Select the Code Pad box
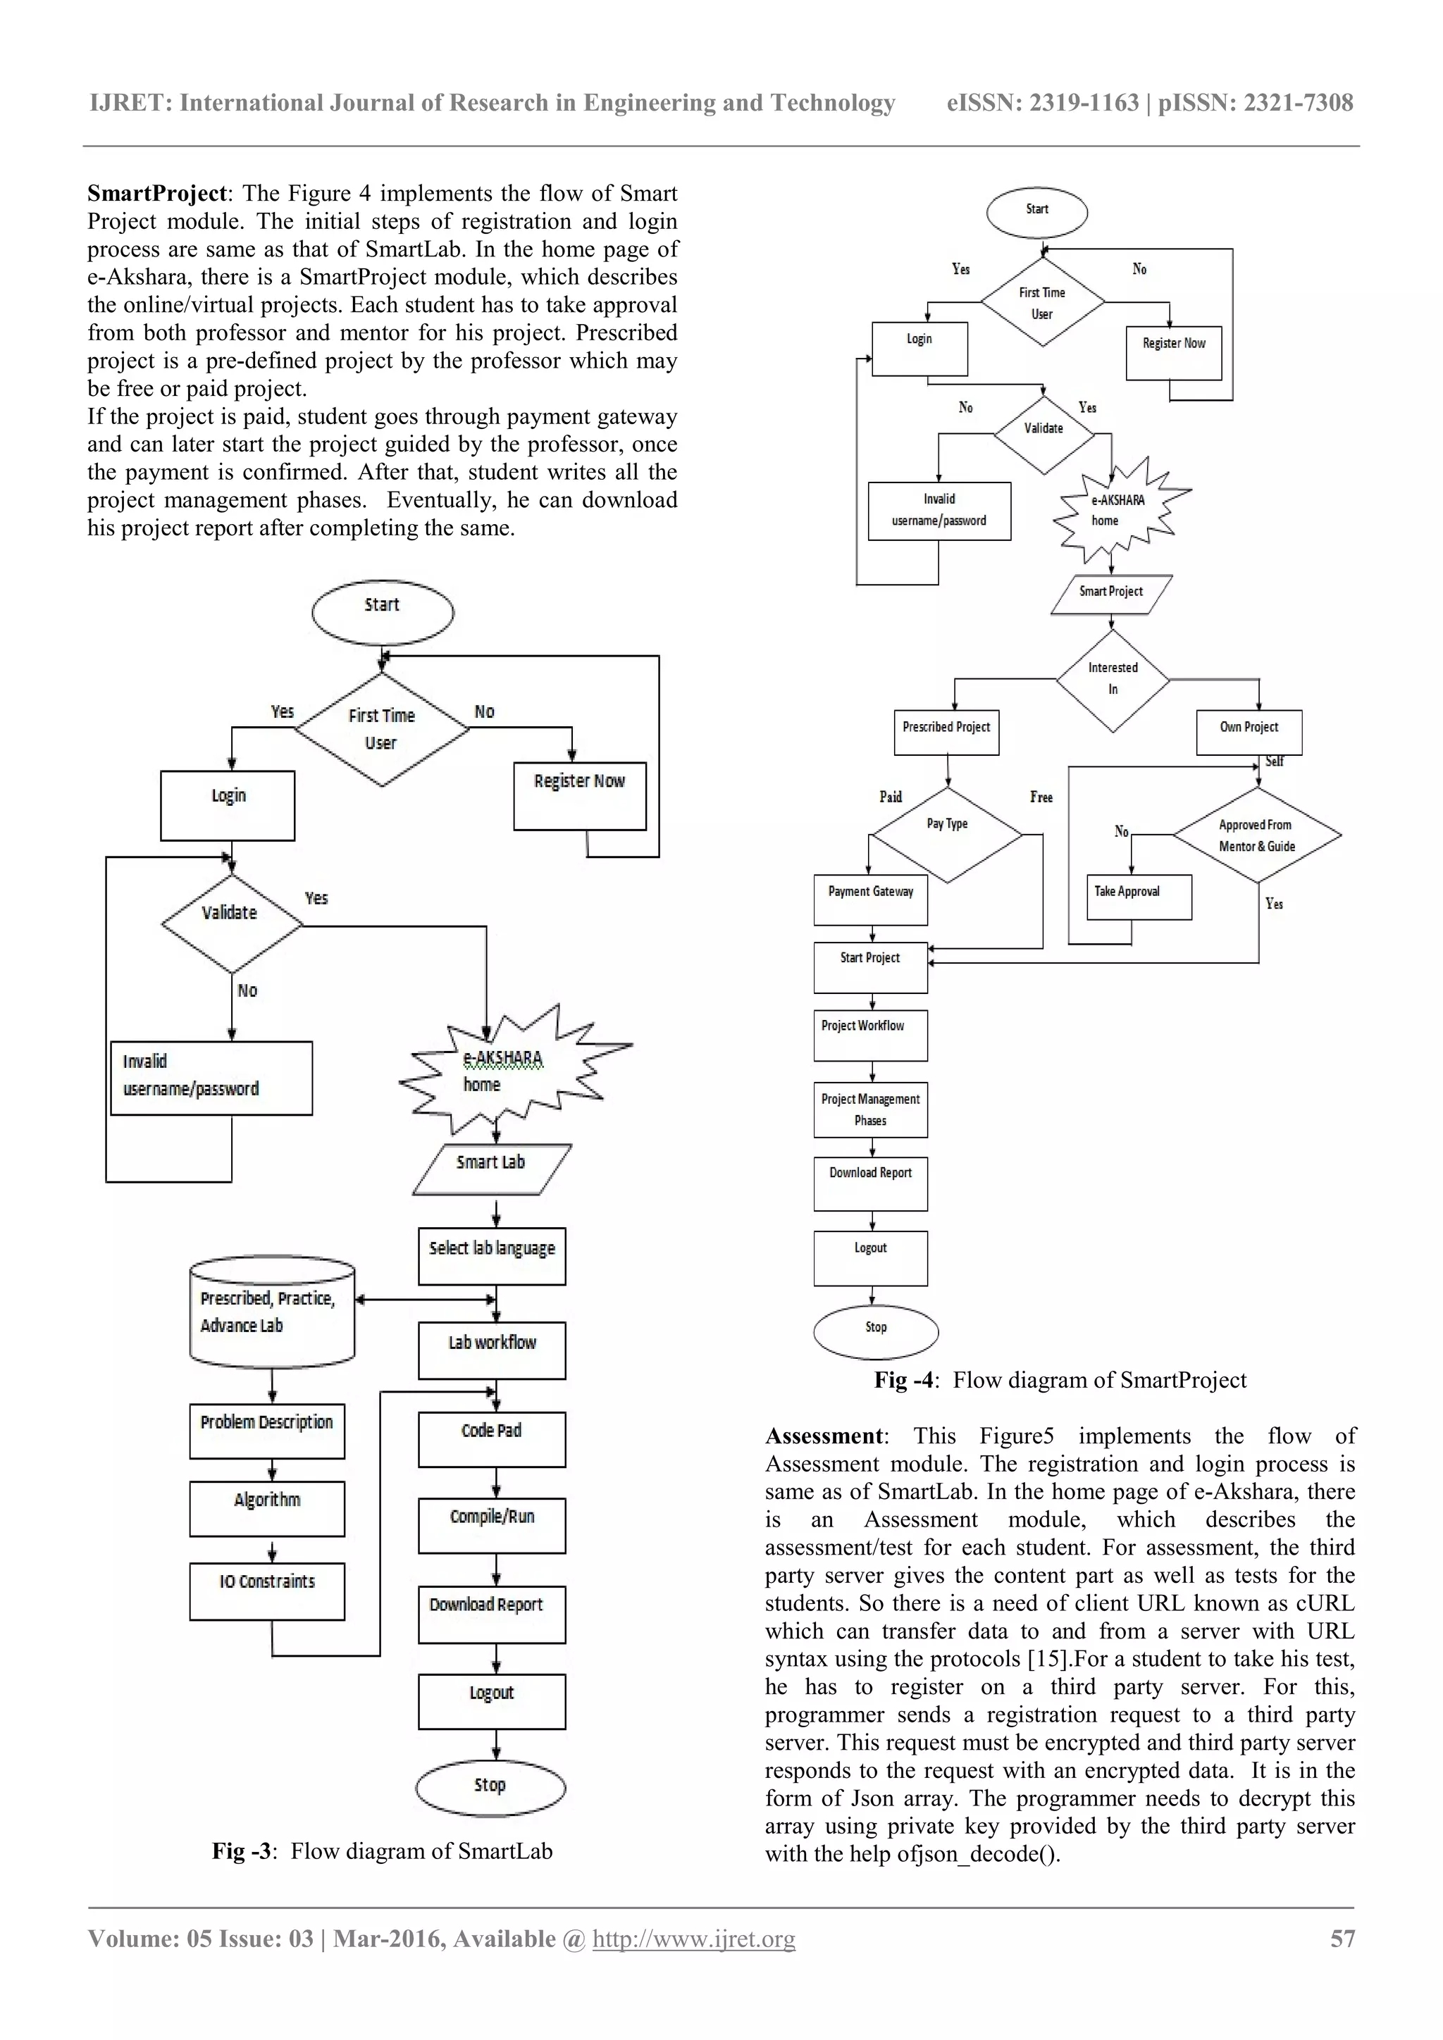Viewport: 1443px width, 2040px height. (491, 1438)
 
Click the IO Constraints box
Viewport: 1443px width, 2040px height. (266, 1591)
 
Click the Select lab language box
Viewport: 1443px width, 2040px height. (491, 1255)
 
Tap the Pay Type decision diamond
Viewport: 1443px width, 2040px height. (947, 834)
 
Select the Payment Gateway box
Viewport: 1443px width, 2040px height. (871, 899)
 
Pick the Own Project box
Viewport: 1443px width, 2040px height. (1249, 731)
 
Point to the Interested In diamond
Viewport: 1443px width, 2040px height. (1113, 680)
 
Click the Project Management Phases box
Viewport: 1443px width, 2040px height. (871, 1109)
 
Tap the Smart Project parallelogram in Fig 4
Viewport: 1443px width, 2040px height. (1110, 594)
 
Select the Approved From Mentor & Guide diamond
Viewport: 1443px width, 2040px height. (1256, 835)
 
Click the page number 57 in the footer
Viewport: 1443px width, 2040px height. (1342, 1939)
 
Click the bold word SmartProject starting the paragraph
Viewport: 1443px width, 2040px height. (157, 194)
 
